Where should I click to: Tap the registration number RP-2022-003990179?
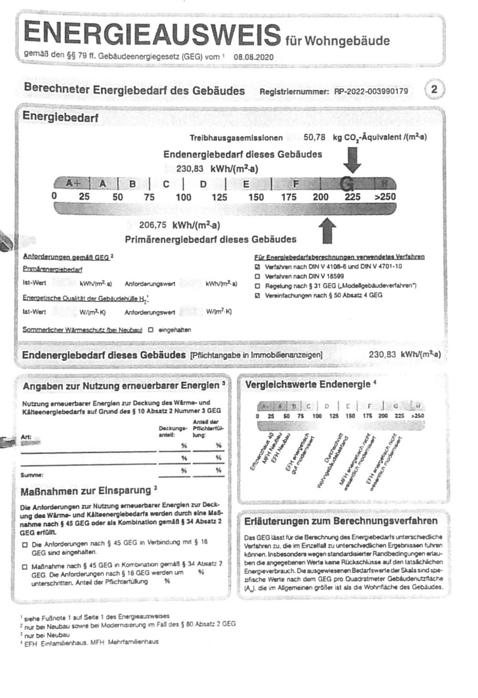pos(371,91)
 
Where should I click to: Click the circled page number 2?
pos(434,89)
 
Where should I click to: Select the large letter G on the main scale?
pos(347,184)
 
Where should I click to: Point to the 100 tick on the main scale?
pos(183,197)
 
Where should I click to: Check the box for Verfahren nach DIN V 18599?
pos(257,277)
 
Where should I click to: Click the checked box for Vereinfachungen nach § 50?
pos(257,295)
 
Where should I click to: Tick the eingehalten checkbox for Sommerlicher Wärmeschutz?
pos(151,330)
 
